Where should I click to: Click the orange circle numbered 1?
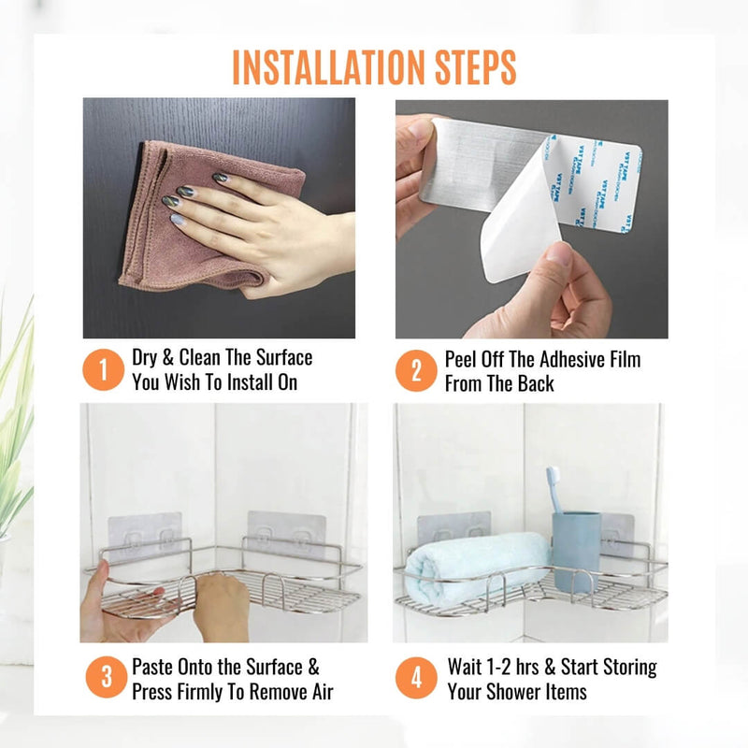[104, 369]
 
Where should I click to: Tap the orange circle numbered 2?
[416, 370]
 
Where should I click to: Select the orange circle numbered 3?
[107, 677]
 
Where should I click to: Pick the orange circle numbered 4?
[416, 677]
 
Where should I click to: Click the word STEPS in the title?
[476, 67]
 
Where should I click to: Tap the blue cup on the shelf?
[576, 551]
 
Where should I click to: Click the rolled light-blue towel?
[477, 568]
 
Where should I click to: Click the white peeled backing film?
[520, 215]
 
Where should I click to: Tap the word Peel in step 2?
[460, 360]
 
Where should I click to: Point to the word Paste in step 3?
[152, 667]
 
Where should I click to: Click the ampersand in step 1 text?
[167, 358]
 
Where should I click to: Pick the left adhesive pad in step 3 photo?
[145, 534]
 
